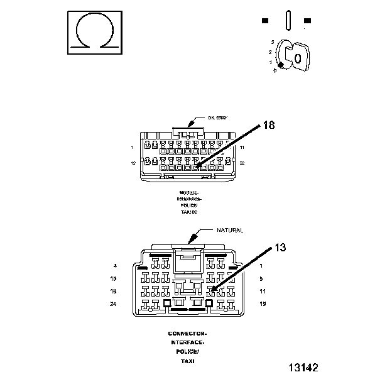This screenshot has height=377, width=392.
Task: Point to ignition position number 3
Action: click(x=273, y=41)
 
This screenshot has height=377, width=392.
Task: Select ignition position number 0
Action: click(x=275, y=70)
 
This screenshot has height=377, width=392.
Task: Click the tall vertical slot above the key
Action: click(x=286, y=19)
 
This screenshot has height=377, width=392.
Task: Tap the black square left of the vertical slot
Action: click(x=266, y=21)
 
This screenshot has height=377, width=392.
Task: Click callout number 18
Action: click(x=269, y=126)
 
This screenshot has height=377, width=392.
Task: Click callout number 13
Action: click(x=281, y=247)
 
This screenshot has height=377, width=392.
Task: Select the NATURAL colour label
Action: click(x=229, y=231)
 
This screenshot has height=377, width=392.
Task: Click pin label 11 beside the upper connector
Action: click(x=242, y=147)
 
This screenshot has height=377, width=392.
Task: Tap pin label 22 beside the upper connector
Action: click(x=242, y=163)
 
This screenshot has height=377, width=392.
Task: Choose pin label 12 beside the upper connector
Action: click(x=133, y=163)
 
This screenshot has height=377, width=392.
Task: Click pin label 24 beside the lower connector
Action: click(x=114, y=304)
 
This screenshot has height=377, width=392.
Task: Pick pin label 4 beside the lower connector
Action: click(x=116, y=266)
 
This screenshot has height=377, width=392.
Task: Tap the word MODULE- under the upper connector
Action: click(x=188, y=193)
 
